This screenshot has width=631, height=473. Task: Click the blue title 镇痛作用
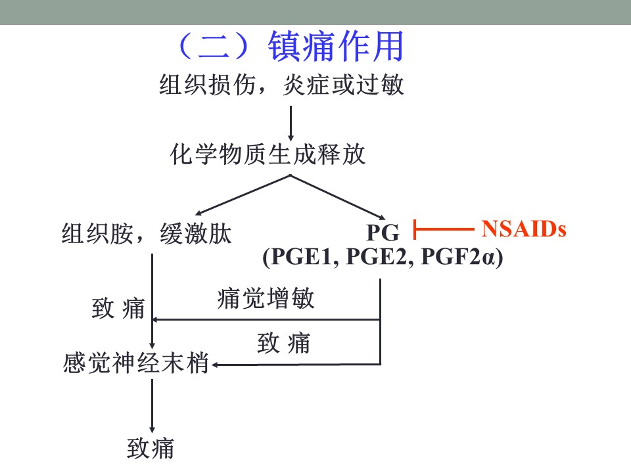point(336,47)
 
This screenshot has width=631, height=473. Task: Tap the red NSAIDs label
point(524,229)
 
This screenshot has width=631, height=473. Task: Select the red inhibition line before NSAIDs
point(444,230)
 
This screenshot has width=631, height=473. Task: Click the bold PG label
point(383,233)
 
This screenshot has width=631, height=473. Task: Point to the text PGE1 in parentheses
point(301,257)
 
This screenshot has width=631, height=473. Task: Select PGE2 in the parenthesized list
point(377,257)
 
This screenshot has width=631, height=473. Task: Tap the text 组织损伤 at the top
point(208,85)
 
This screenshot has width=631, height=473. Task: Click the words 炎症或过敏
point(343,85)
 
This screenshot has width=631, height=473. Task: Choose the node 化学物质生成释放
point(268,154)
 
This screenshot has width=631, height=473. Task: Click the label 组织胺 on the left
point(97,233)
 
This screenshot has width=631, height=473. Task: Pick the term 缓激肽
point(196,233)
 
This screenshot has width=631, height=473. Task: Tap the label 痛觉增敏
point(266,298)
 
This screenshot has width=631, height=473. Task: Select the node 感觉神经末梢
point(135,363)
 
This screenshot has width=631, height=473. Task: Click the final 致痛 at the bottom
point(151,449)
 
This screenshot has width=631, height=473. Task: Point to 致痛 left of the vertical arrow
point(118,309)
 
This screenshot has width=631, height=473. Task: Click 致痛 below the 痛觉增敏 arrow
point(284,343)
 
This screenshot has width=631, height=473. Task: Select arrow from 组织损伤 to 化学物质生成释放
point(291,124)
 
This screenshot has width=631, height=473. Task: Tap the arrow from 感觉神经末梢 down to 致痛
point(152,406)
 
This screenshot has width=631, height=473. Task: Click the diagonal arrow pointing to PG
point(338,197)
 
